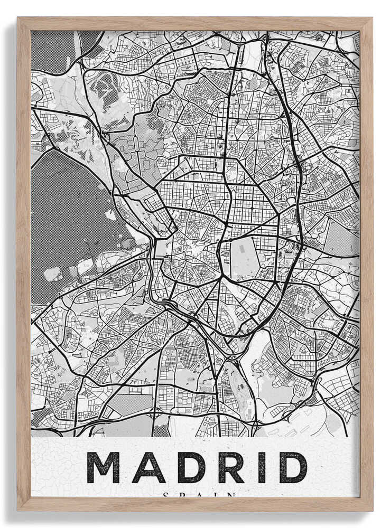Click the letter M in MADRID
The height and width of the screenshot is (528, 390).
click(x=104, y=467)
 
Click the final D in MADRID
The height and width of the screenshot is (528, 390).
click(x=291, y=467)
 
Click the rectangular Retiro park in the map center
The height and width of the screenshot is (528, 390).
click(x=245, y=258)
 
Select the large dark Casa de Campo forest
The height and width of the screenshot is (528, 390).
click(x=69, y=211)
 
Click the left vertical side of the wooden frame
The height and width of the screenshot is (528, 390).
click(x=23, y=264)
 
